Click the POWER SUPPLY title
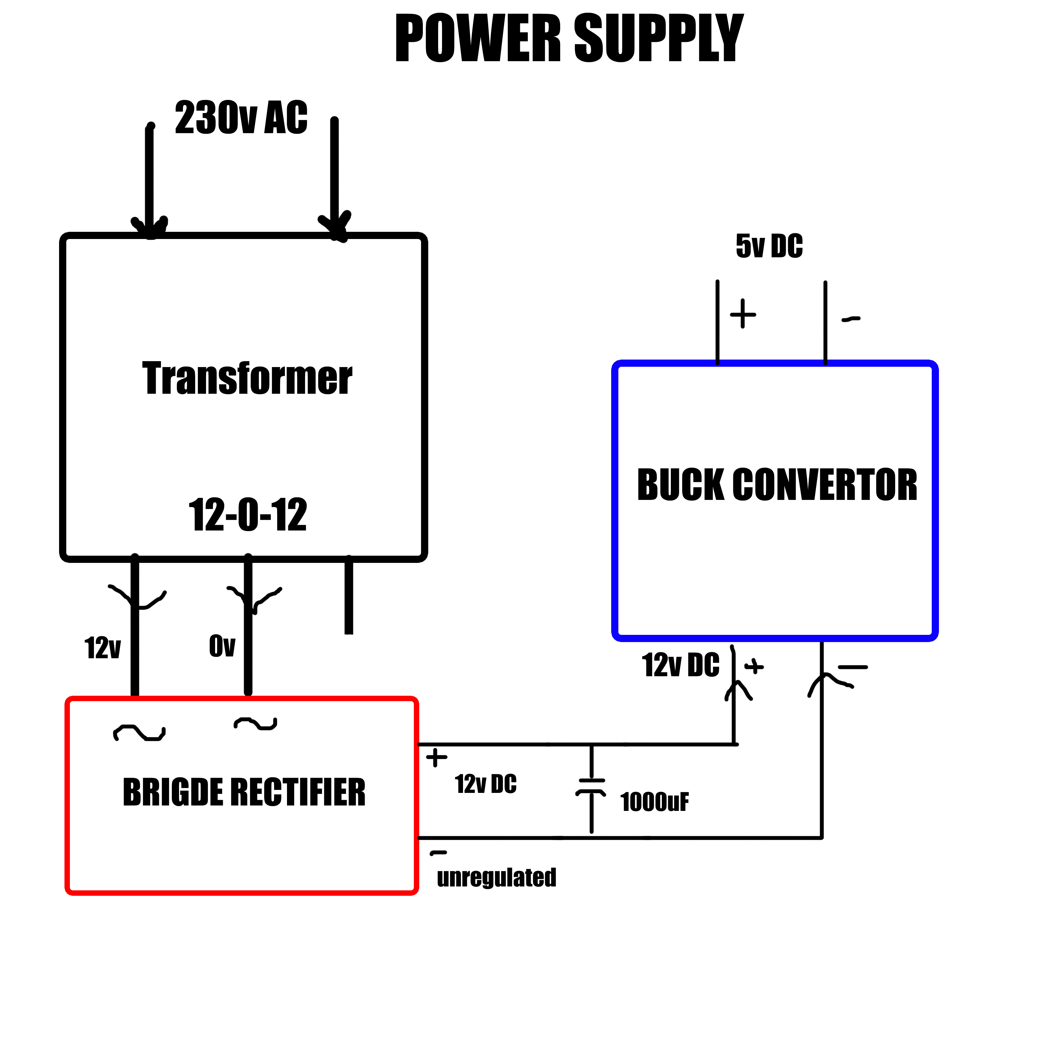tap(569, 38)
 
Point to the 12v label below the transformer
tap(102, 648)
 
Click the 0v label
tap(222, 646)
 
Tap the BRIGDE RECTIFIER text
tap(244, 792)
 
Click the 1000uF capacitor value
tap(655, 802)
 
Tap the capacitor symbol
tap(591, 788)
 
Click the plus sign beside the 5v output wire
tap(743, 314)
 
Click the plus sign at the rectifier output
tap(436, 758)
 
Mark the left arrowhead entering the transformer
tap(150, 226)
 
